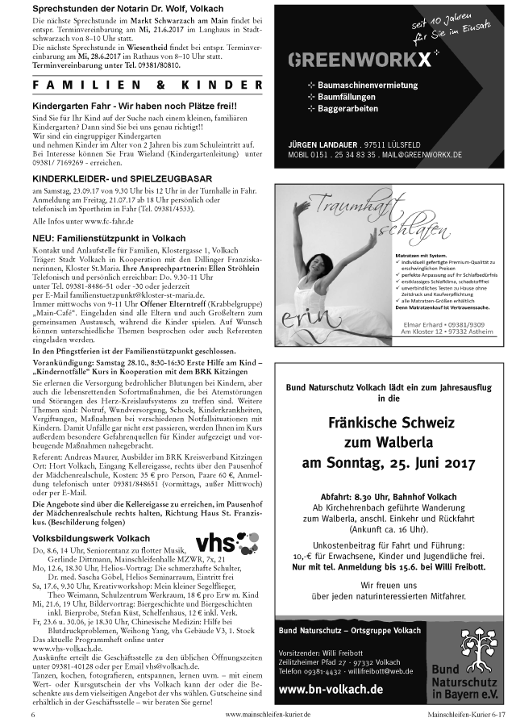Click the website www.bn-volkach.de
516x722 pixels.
[331, 689]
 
